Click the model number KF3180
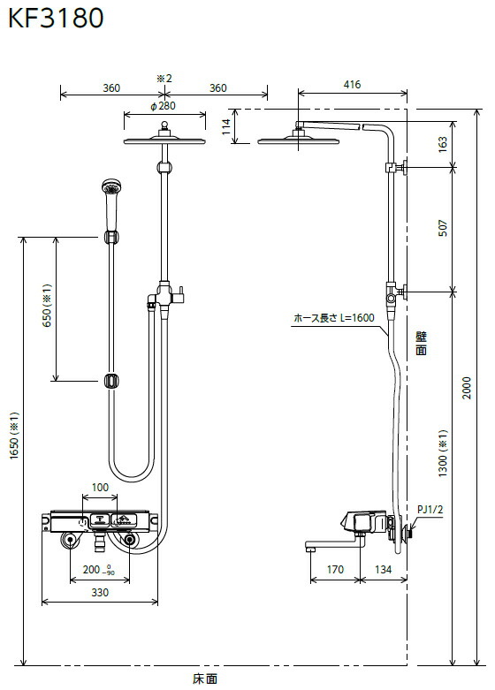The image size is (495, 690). (56, 18)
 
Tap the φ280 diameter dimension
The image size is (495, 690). (163, 106)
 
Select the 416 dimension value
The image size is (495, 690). (352, 84)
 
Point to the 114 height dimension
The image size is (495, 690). (226, 126)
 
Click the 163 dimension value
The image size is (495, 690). (443, 143)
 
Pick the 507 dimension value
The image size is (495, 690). (443, 228)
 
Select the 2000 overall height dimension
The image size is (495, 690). (467, 388)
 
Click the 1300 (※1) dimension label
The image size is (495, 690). (443, 453)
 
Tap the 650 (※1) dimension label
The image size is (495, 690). (47, 305)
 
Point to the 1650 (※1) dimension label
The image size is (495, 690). (14, 436)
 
